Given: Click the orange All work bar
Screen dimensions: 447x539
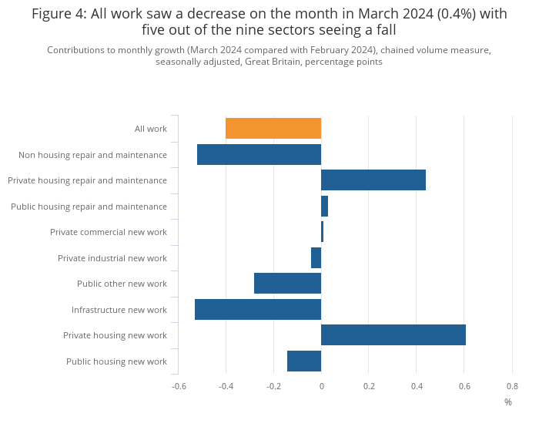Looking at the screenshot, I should point(273,129).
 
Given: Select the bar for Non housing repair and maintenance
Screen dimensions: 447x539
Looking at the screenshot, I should point(259,154).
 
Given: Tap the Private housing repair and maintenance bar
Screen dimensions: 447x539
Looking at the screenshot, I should point(373,180).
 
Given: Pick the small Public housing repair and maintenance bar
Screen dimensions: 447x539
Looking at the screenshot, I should point(324,207).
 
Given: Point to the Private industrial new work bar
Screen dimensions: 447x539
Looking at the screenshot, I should point(316,258).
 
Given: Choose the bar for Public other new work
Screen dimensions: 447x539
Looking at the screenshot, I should point(287,284).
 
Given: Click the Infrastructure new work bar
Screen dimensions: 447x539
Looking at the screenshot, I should point(258,310).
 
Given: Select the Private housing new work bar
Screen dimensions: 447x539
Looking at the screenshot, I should point(393,335).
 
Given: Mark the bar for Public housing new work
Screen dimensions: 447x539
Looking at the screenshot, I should point(304,361).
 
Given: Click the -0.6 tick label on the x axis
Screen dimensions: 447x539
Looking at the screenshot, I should point(179,386).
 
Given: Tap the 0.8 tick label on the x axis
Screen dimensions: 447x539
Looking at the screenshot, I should point(512,386).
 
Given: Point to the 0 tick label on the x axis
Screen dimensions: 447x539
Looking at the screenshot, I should point(321,386).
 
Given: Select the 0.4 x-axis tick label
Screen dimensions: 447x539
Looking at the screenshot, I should point(417,386).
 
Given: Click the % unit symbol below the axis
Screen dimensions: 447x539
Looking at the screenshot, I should point(508,402).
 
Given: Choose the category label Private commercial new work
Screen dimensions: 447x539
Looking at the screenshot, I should point(109,232).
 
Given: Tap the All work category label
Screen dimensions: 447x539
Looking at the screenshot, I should point(151,129).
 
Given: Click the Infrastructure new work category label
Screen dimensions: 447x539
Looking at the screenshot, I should point(119,310).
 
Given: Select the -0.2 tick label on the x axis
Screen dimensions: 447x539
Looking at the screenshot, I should point(273,386).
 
